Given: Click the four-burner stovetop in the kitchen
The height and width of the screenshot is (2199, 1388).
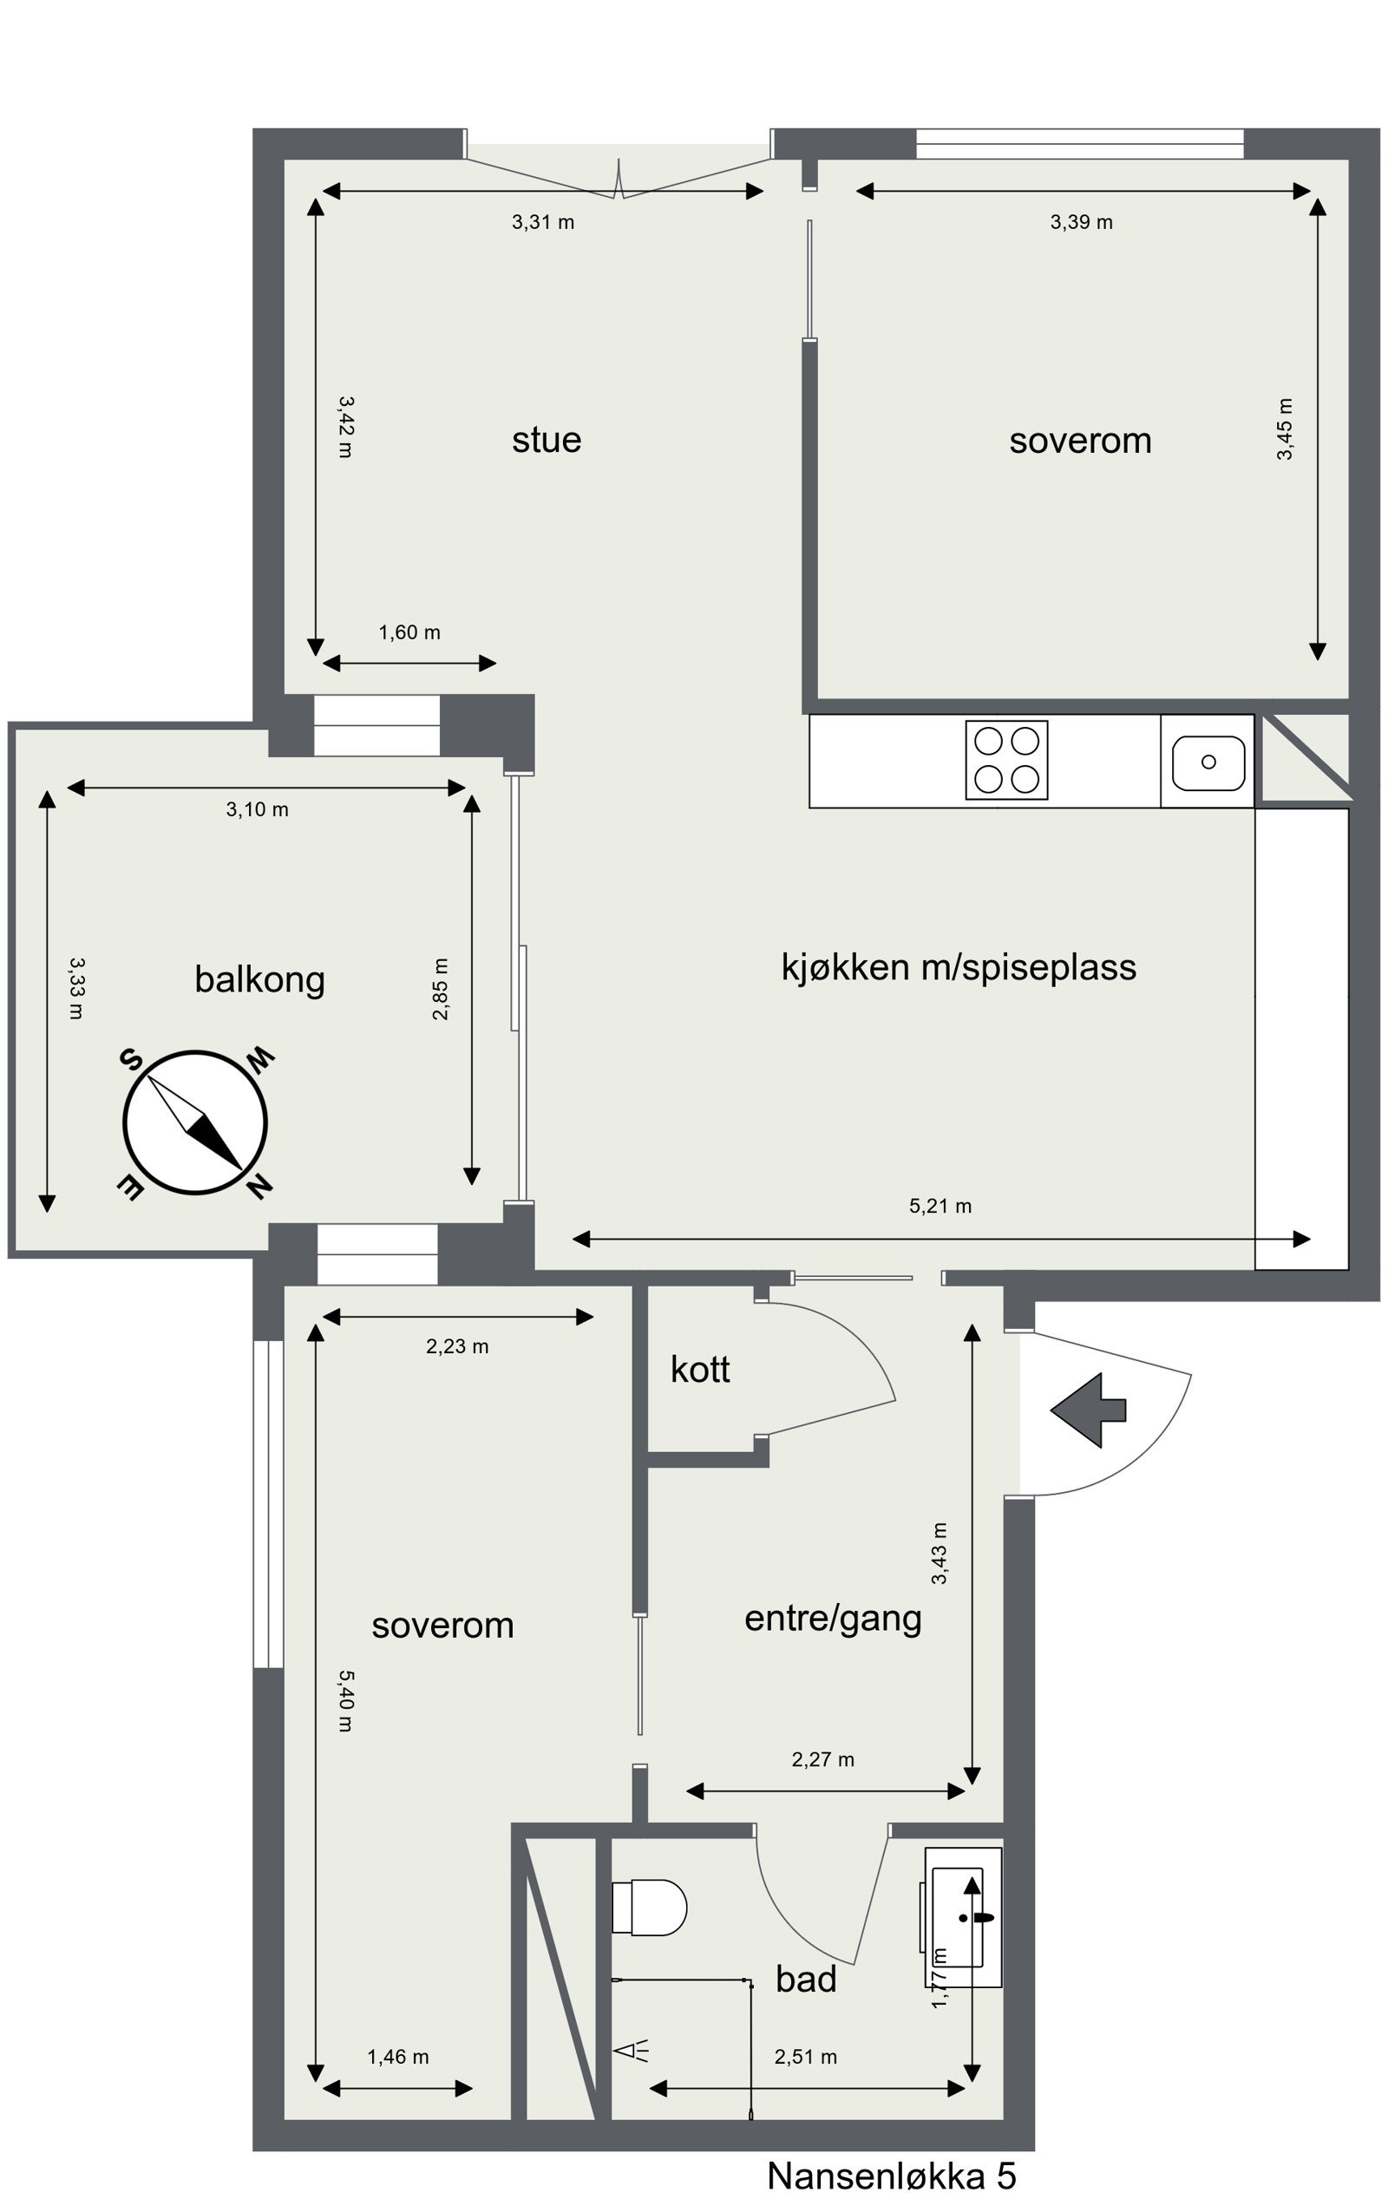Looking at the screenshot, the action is pos(1006,760).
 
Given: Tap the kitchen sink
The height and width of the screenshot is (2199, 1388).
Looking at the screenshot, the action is pos(1208,762).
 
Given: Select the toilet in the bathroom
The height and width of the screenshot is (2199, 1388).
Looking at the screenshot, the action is pos(648,1907).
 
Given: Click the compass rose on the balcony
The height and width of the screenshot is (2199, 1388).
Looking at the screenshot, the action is pos(194,1122).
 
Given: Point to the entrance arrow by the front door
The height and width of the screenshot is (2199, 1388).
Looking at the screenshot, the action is pos(1088,1410).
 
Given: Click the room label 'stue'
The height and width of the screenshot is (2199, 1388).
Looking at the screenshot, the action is pos(546,439).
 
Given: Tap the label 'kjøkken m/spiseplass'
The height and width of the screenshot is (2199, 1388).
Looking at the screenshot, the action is pos(959,967).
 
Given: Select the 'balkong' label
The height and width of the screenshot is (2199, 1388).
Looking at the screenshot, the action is pos(259,979).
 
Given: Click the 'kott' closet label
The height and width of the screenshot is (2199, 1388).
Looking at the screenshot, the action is pos(700,1369).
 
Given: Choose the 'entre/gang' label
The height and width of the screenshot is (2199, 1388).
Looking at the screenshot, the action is pos(833,1617).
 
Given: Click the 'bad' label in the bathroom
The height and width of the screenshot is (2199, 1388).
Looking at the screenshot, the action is pos(806,1979).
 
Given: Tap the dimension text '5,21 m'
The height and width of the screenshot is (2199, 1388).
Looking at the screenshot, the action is pos(940,1206).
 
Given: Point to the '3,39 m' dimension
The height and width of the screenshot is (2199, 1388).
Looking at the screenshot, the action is pos(1081,222).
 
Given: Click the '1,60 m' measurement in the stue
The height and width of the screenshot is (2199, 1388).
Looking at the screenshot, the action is pos(409,632).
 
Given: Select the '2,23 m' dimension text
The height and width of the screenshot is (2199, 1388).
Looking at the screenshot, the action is pos(456,1346).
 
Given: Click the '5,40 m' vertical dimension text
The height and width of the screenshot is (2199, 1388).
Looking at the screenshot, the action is pos(345,1700).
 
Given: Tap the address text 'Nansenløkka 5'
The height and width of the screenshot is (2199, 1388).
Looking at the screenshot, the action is pos(891,2176).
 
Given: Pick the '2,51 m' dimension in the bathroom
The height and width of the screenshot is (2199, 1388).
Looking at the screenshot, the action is pos(805,2057).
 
